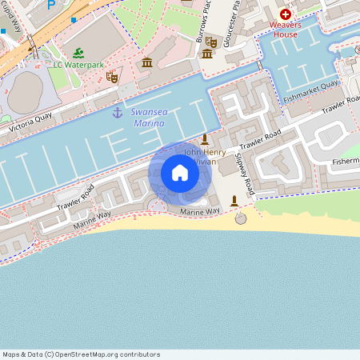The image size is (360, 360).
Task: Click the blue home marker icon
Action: tap(180, 173)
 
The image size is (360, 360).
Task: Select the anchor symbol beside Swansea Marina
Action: tap(118, 113)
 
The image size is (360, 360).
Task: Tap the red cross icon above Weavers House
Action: tap(285, 14)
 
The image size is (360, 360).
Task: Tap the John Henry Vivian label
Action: tap(205, 156)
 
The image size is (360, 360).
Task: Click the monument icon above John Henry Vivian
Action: tap(205, 138)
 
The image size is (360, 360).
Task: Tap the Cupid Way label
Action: tap(16, 37)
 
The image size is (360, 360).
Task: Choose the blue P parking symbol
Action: tap(52, 5)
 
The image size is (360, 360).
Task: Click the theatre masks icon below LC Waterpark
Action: tap(112, 78)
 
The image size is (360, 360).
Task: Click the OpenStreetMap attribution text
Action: tap(82, 354)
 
